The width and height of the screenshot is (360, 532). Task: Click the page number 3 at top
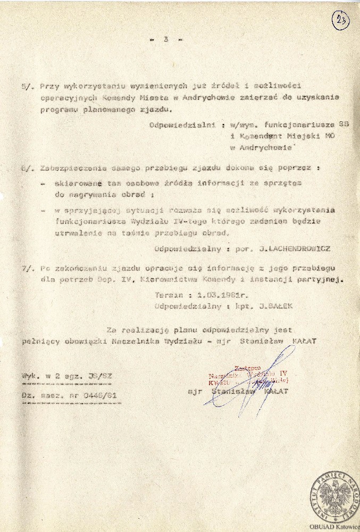click(166, 39)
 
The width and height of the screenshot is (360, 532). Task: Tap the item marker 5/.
click(28, 86)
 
